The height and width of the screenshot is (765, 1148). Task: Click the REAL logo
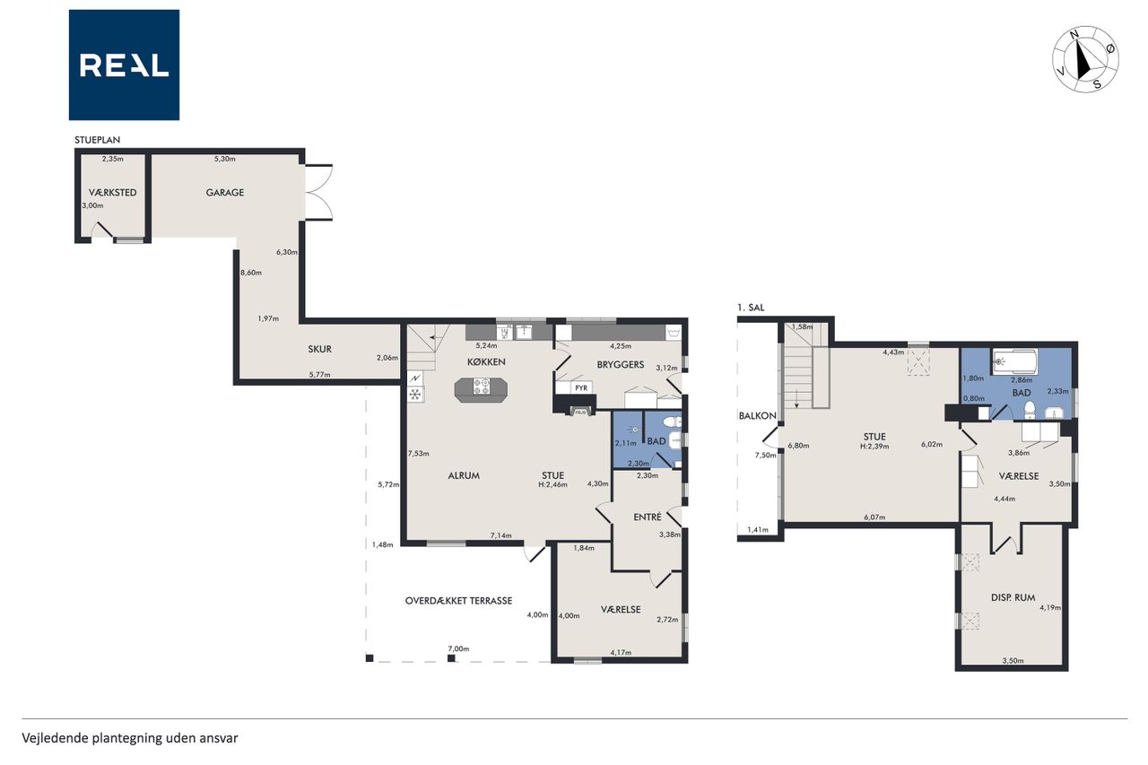click(x=124, y=65)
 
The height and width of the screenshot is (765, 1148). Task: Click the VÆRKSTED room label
click(x=113, y=193)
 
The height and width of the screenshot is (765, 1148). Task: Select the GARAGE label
click(x=225, y=193)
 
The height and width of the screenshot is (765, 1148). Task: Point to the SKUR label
click(x=320, y=350)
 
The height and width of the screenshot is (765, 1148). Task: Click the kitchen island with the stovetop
click(x=481, y=389)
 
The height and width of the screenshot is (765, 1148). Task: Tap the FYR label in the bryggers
click(x=581, y=387)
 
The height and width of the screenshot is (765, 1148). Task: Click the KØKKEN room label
click(x=486, y=361)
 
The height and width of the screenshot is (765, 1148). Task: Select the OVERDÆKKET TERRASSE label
click(x=458, y=601)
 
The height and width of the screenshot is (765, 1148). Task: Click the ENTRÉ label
click(x=648, y=517)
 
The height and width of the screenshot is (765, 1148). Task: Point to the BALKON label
click(x=758, y=416)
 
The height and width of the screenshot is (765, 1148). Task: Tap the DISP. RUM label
click(x=1013, y=597)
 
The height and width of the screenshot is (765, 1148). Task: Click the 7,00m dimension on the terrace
click(x=458, y=648)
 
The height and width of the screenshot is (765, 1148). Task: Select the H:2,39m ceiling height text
click(x=874, y=447)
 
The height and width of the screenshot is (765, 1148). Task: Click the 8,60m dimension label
click(x=251, y=273)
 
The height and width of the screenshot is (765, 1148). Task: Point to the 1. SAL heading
click(x=751, y=308)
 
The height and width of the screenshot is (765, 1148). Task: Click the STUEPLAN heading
click(x=98, y=140)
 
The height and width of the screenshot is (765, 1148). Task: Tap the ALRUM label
click(x=464, y=475)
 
